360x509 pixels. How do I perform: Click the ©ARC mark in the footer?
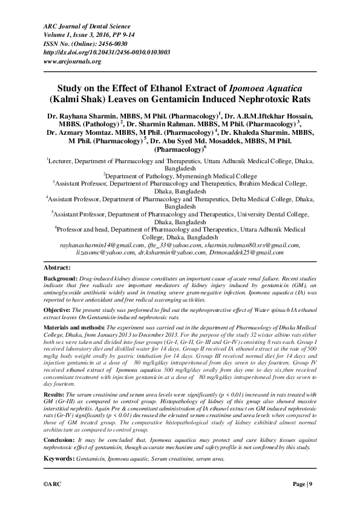pos(53,485)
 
